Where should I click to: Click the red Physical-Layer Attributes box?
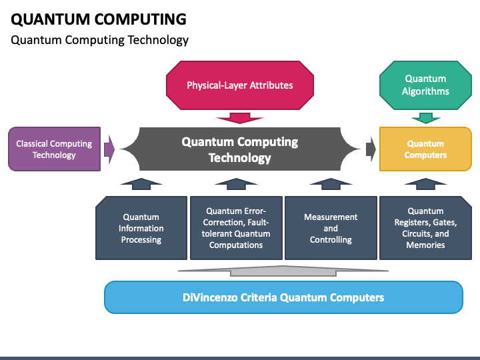pos(240,85)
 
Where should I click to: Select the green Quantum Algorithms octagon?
pos(425,85)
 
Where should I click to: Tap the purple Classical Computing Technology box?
pos(54,149)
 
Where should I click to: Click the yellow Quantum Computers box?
pos(425,149)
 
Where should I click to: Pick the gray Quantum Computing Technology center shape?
pos(240,149)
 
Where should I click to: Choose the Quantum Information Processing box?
pos(141,228)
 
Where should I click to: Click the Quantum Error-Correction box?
pos(236,228)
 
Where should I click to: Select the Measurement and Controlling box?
pos(331,228)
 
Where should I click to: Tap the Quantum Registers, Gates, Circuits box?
pos(425,228)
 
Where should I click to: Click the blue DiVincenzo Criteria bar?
pos(283,297)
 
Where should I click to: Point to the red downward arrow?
pos(240,118)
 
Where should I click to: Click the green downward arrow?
pos(425,118)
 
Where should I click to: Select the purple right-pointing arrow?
pos(109,149)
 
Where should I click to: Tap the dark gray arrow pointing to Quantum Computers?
pos(371,149)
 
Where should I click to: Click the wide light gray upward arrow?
pos(283,271)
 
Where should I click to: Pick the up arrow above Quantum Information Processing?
pos(141,184)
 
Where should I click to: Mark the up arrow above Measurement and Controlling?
pos(331,184)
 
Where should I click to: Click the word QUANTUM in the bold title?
pos(50,19)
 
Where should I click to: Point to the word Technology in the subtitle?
pos(158,40)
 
